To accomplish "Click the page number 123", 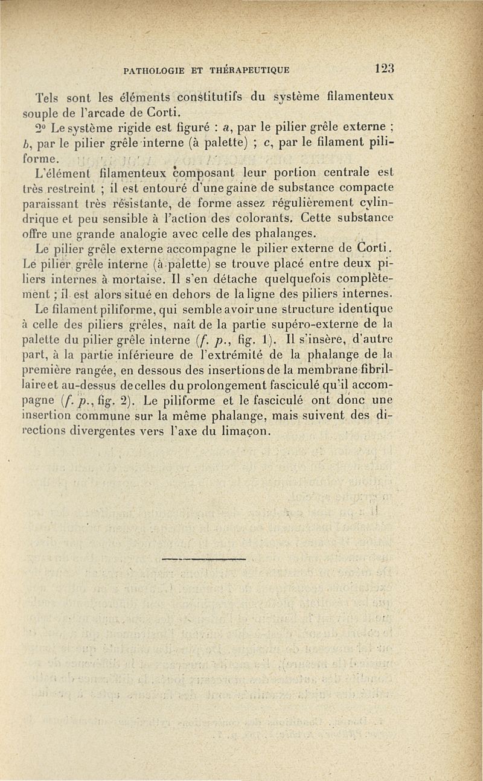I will tap(384, 68).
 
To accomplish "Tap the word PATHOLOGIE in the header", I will tap(155, 70).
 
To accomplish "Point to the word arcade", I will tap(111, 112).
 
